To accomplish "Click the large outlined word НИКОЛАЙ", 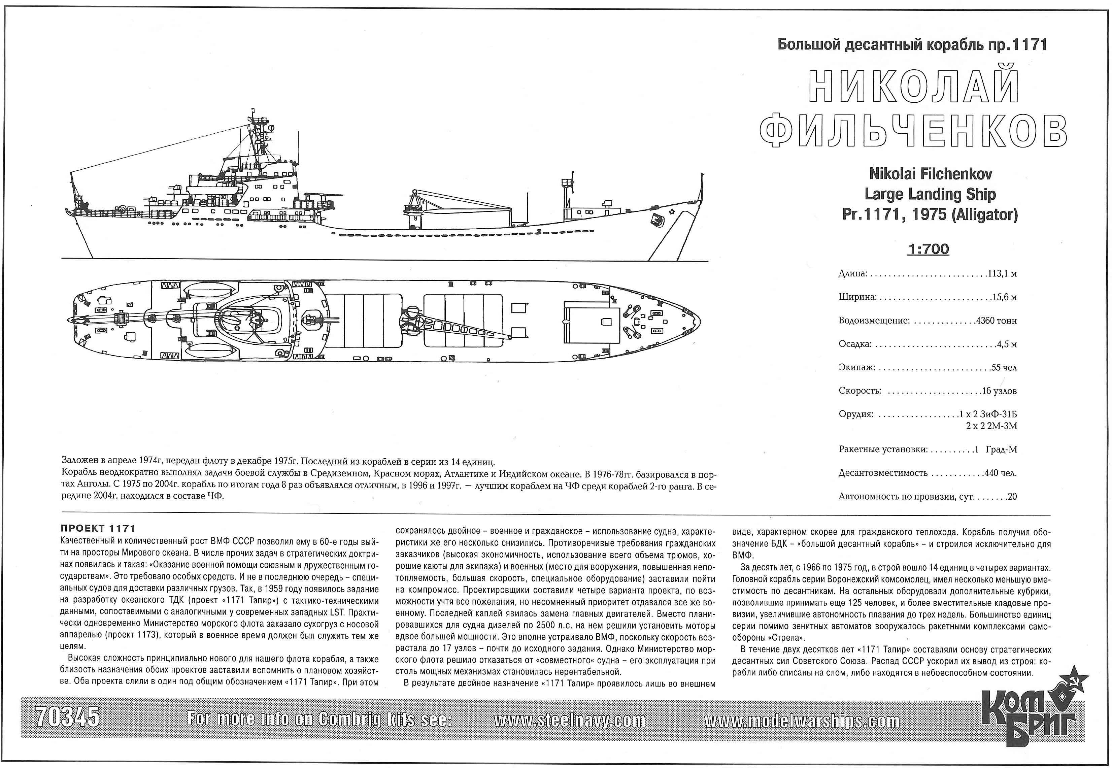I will click(x=914, y=87).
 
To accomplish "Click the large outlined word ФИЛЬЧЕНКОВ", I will click(x=913, y=131).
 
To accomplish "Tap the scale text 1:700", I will click(x=928, y=249).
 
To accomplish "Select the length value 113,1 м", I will click(x=1002, y=274).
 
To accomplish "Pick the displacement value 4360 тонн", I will click(x=996, y=321).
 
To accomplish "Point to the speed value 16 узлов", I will click(x=999, y=391).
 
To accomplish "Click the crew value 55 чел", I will click(x=1004, y=368).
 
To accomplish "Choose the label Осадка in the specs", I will click(x=854, y=344).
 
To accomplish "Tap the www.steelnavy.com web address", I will click(x=569, y=721).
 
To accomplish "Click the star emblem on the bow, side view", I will click(x=671, y=210).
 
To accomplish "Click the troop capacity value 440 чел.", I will click(x=1000, y=473).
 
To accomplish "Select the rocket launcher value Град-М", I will click(x=1001, y=449).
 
